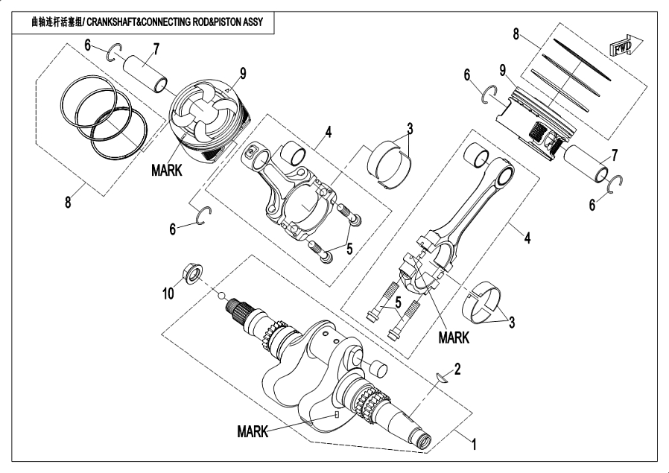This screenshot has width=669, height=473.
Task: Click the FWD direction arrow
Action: coord(626,45)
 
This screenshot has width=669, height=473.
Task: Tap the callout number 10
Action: coord(168,293)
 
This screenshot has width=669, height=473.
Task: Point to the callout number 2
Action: coord(457,369)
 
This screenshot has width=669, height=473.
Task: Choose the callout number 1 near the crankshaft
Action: coord(474,445)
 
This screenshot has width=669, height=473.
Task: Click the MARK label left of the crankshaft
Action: coord(253,431)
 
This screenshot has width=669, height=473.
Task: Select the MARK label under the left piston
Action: coord(167,170)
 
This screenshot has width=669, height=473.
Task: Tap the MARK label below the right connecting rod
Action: coord(454,337)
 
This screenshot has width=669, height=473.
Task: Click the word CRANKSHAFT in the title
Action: coord(112,22)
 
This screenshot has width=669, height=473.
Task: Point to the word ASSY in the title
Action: coord(253,22)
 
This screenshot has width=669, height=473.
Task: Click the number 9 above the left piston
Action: coord(243,74)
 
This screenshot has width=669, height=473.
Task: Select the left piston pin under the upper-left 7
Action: coord(145,72)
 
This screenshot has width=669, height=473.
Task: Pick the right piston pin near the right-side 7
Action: coord(586,163)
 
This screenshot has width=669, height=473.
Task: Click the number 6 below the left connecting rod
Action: coord(172,229)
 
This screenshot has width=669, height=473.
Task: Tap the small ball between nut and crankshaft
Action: coord(221,296)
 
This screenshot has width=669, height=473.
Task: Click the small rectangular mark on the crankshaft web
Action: coord(337,415)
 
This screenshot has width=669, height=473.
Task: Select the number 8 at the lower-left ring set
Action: coord(68,202)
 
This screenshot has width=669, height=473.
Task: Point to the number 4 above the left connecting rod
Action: coord(328,133)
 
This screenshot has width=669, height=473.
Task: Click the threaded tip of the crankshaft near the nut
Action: coord(233,306)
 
